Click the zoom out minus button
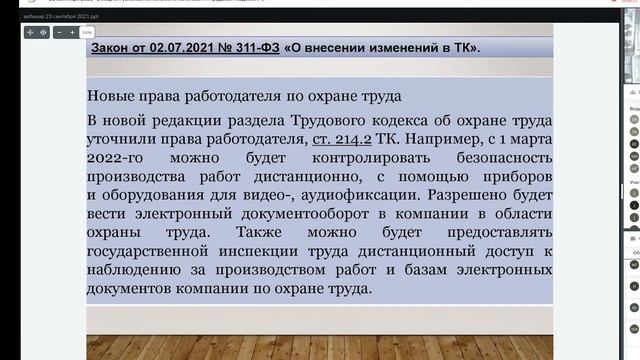coord(60,32)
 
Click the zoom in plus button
coord(73,32)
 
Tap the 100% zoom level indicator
coord(87,32)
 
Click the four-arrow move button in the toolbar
coord(30,32)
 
